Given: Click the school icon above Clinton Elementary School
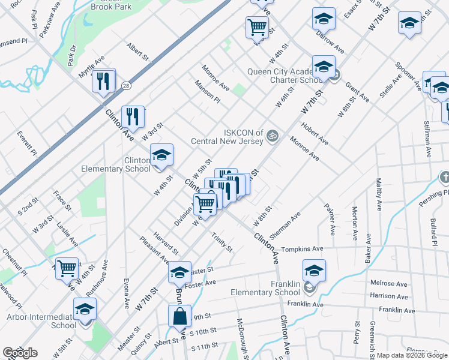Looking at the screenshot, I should [x=161, y=155].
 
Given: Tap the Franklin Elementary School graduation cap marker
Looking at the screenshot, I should [x=314, y=271].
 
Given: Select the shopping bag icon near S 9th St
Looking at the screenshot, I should [x=179, y=316].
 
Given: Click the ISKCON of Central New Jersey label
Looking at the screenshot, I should [x=227, y=137].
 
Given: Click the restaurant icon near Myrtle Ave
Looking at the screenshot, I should [x=104, y=80].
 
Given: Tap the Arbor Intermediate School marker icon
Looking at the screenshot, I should [x=85, y=309].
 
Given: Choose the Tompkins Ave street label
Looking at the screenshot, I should [x=303, y=248].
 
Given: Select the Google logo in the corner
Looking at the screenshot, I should [x=20, y=353].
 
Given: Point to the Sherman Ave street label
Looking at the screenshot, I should [x=285, y=227].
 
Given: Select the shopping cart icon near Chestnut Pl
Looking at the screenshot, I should [x=67, y=268].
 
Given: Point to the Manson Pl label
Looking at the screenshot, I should [x=207, y=91].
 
